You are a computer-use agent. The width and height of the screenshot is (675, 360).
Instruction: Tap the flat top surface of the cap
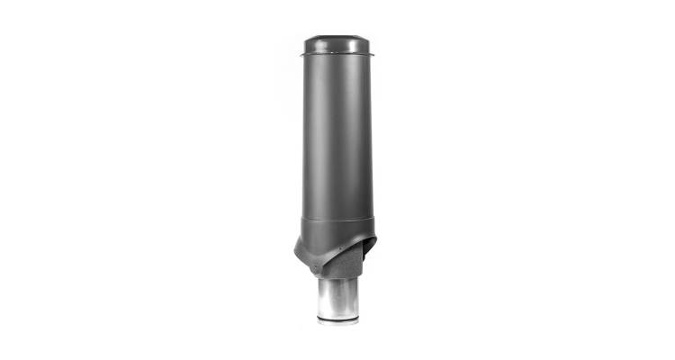337,38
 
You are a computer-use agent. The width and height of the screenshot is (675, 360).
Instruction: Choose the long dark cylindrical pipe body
337,135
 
